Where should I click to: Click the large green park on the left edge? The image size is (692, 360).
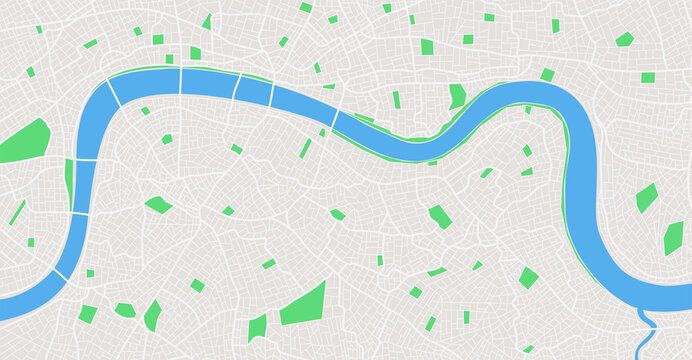[x=24, y=142]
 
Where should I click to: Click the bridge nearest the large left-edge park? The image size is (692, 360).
[x=85, y=159]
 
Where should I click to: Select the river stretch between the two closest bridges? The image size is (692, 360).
[x=254, y=90]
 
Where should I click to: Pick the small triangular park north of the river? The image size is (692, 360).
[x=207, y=21]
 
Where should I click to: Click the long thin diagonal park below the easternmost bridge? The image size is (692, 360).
[x=305, y=148]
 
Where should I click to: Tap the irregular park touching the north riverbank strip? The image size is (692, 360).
[x=457, y=96]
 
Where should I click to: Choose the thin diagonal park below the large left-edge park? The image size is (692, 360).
[x=18, y=212]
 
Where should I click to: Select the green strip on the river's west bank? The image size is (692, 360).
[x=69, y=180]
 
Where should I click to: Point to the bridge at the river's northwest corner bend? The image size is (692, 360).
[x=113, y=92]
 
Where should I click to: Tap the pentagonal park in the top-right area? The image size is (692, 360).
[x=624, y=39]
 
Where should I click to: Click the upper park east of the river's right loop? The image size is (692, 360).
[x=647, y=197]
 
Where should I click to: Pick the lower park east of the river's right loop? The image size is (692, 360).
[x=673, y=238]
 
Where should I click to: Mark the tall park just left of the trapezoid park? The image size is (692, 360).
[x=257, y=327]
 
